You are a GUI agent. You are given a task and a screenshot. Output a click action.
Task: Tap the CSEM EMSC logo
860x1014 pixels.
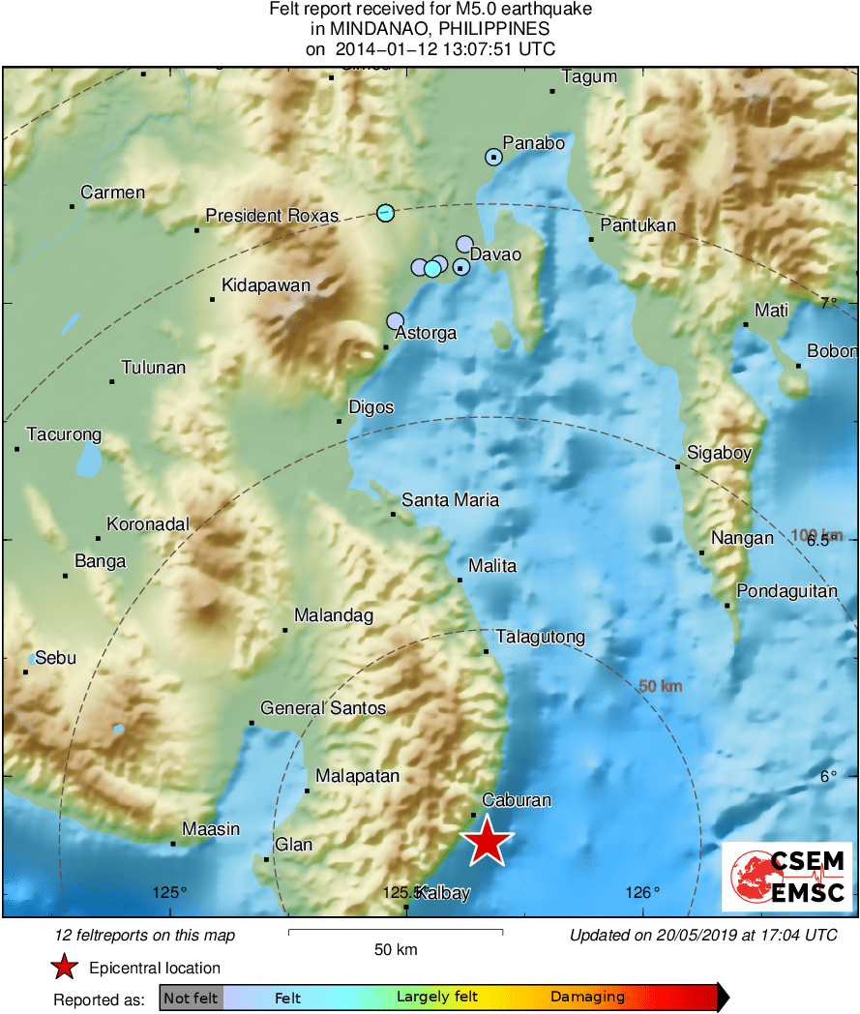pyautogui.click(x=787, y=876)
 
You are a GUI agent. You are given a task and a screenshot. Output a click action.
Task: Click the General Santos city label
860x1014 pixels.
pyautogui.click(x=323, y=708)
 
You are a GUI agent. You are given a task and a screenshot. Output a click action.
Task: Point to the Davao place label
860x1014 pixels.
pyautogui.click(x=495, y=254)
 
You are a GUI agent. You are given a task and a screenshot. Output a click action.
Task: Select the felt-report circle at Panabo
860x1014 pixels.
pyautogui.click(x=494, y=157)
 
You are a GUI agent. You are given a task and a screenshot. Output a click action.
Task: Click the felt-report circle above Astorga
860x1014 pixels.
pyautogui.click(x=395, y=320)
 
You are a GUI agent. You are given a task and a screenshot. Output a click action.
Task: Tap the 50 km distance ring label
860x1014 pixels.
pyautogui.click(x=661, y=686)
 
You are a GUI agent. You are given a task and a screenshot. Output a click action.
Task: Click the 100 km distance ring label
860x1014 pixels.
pyautogui.click(x=817, y=535)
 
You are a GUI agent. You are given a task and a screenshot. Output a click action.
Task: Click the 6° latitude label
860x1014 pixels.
pyautogui.click(x=828, y=776)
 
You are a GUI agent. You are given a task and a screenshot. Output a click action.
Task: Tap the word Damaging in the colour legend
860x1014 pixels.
pyautogui.click(x=587, y=997)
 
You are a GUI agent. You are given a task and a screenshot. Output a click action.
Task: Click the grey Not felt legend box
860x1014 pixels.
pyautogui.click(x=191, y=997)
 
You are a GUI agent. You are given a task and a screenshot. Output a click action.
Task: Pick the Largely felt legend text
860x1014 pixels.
pyautogui.click(x=435, y=997)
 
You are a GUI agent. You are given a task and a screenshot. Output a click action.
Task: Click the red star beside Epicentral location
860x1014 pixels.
pyautogui.click(x=64, y=967)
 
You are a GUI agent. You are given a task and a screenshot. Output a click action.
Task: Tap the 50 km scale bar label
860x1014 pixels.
pyautogui.click(x=396, y=949)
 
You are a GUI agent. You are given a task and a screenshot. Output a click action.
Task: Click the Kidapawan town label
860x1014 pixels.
pyautogui.click(x=266, y=285)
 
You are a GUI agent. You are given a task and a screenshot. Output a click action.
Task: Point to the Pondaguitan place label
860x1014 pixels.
pyautogui.click(x=786, y=591)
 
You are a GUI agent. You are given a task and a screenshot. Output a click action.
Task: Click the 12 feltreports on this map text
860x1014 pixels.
pyautogui.click(x=145, y=935)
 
